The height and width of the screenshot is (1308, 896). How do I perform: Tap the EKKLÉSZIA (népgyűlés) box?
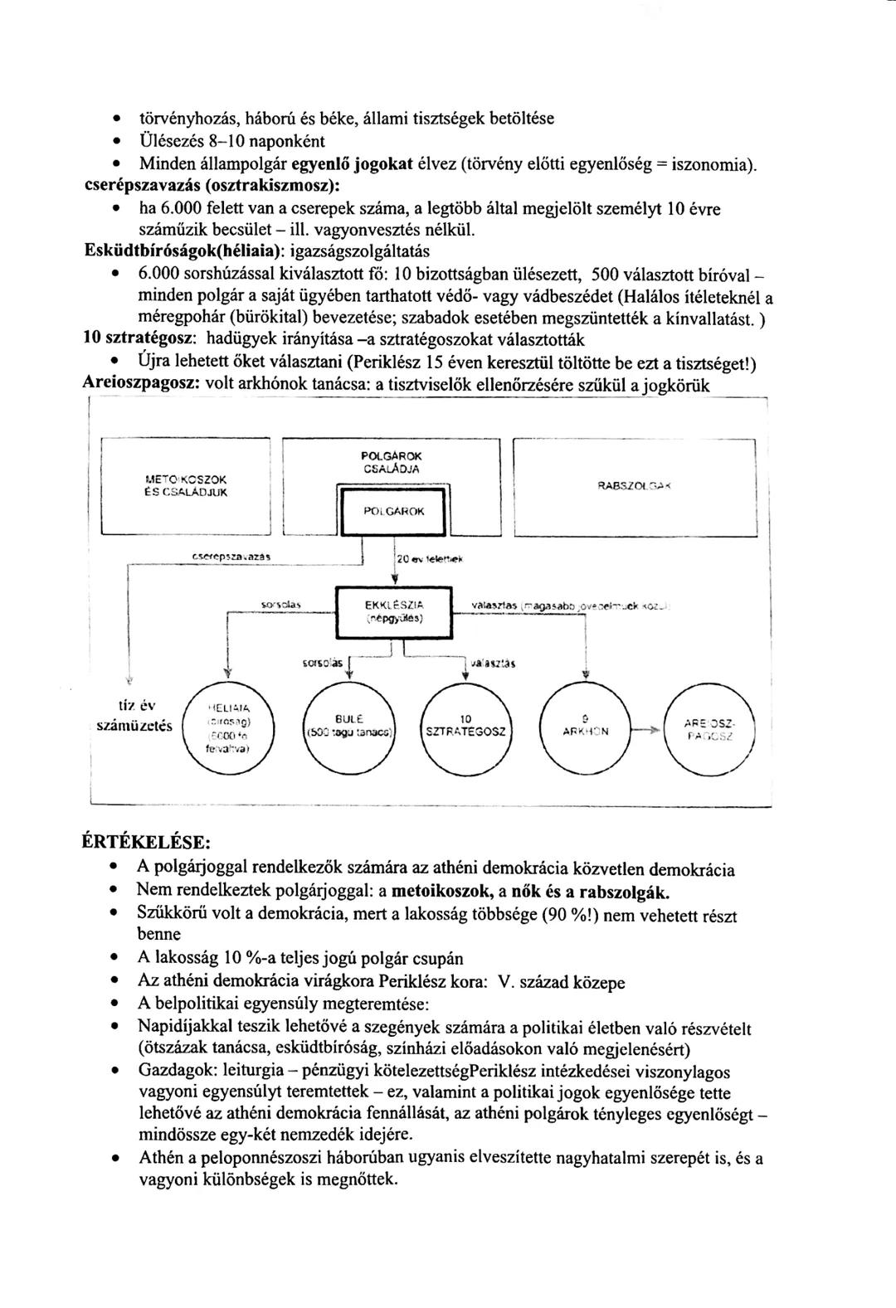[x=394, y=611]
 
